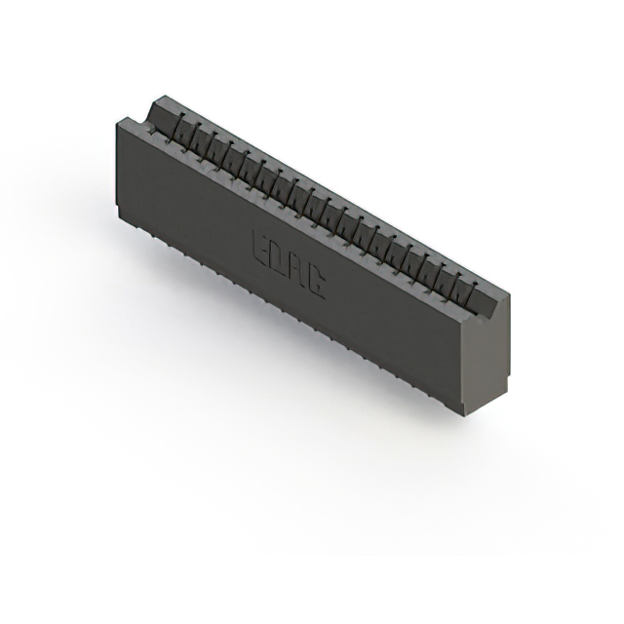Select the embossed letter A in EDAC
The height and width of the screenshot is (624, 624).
pos(298,269)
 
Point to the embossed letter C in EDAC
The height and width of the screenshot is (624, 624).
pos(316,281)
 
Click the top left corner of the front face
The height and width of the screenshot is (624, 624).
pos(116,118)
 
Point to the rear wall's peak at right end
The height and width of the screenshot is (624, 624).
pos(507,292)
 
